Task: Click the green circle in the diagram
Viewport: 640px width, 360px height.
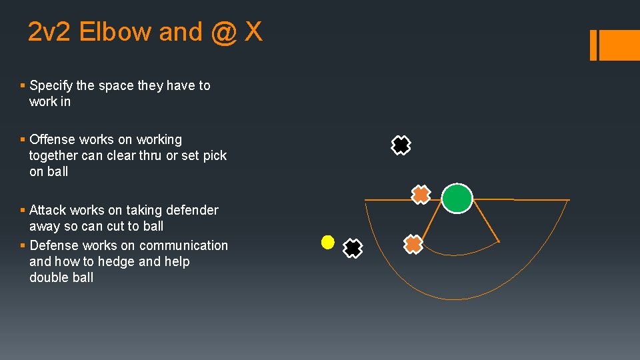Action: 457,198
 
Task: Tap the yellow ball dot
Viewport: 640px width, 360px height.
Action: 327,243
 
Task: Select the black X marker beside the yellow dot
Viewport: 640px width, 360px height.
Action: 353,249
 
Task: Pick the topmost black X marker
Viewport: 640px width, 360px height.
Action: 401,145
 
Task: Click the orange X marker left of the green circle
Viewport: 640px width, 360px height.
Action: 421,195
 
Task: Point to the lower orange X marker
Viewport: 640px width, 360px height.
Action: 414,245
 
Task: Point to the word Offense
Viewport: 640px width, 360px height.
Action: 53,139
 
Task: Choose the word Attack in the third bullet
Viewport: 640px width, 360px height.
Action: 48,210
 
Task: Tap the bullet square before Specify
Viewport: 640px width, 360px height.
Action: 23,85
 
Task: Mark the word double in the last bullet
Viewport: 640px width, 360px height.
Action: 49,277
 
